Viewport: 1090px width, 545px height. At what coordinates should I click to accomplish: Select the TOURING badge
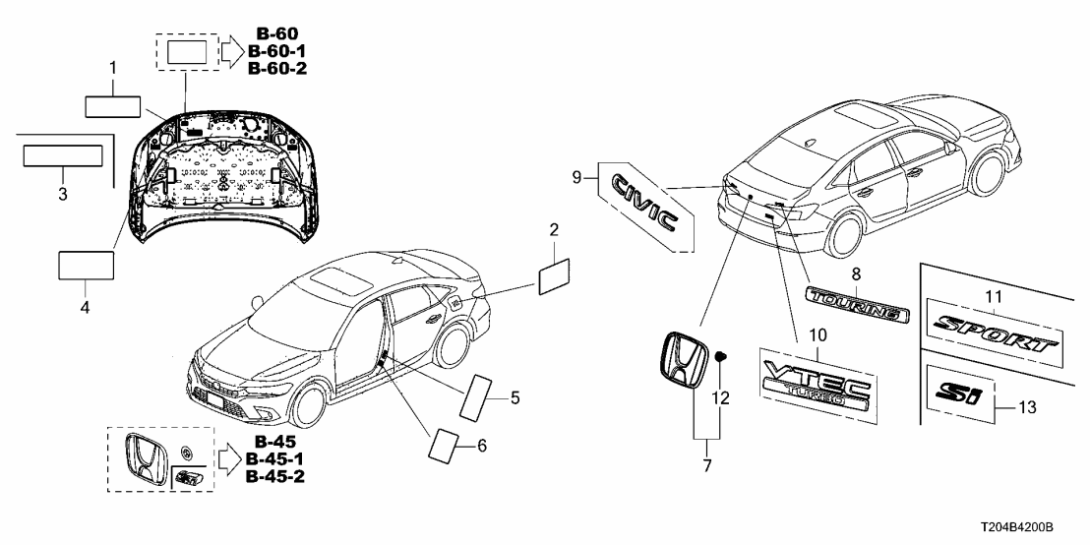pyautogui.click(x=854, y=302)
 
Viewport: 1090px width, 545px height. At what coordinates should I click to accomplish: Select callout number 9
pyautogui.click(x=577, y=177)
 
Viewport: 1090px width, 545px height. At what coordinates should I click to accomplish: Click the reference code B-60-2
pyautogui.click(x=278, y=68)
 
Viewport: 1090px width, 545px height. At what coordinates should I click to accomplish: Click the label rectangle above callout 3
pyautogui.click(x=63, y=156)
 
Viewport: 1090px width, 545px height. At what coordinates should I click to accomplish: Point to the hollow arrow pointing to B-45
pyautogui.click(x=228, y=458)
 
